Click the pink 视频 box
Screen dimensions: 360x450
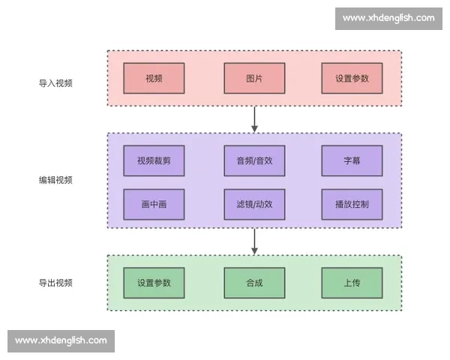coord(154,79)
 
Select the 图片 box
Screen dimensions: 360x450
coord(254,79)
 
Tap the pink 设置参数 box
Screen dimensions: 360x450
coord(352,79)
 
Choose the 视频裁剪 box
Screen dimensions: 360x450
coord(154,160)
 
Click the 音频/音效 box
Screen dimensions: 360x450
coord(254,160)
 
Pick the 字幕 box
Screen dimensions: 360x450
coord(352,160)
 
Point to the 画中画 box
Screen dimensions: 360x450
coord(154,204)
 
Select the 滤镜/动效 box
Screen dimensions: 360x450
coord(254,204)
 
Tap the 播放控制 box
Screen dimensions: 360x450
coord(352,204)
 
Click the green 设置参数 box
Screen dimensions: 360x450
coord(154,283)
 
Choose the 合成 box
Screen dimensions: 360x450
coord(254,283)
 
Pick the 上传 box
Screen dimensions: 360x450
coord(352,283)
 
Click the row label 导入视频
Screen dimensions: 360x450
coord(55,83)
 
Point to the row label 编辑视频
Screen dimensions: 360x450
coord(55,180)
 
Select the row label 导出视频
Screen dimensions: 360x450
coord(55,283)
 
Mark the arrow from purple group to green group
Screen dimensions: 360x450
coord(254,241)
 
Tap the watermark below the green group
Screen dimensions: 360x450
coord(61,340)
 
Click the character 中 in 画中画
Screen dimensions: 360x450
coord(154,204)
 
